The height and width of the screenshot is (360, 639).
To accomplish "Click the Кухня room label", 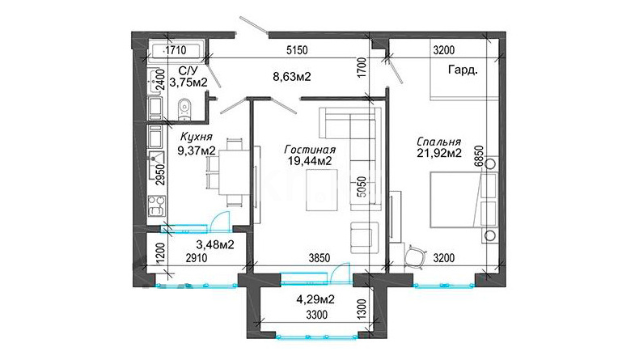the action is pos(196,137).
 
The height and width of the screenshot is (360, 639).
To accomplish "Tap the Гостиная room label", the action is pos(310,149).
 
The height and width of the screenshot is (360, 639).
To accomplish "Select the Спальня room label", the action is pos(439,142).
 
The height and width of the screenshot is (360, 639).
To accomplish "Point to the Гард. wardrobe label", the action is pos(463,70).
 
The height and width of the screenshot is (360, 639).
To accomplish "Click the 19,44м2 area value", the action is pos(310,161).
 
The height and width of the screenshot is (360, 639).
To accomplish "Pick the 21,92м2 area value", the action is pos(439,153).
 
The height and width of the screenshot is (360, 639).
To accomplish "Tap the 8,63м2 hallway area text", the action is pos(291,76).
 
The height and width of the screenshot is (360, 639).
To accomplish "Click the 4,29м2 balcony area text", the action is pos(315,299).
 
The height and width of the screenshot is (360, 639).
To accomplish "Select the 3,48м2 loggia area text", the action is pos(215,244).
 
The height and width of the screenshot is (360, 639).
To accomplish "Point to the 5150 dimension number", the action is pos(297,50).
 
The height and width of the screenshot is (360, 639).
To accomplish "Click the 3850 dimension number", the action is pos(319,258).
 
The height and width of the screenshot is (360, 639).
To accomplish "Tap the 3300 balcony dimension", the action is pos(316,315).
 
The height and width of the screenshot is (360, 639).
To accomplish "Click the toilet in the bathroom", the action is pos(184,110).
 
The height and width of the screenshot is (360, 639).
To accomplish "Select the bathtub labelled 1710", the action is pos(176,51).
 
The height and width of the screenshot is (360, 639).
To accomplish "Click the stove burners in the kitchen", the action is pos(157,205).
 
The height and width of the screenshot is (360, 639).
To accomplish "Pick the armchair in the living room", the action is pos(364,237).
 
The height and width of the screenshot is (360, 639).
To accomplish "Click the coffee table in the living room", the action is pos(322,190).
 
